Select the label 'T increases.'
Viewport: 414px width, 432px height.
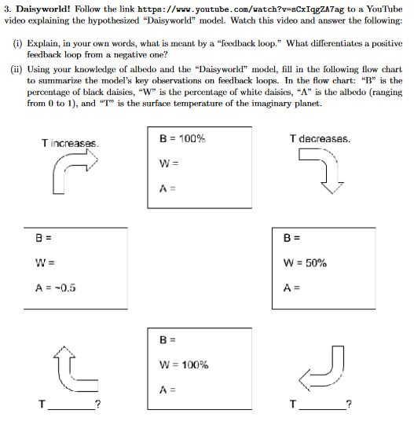point(70,143)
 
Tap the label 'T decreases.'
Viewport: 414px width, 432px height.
point(320,139)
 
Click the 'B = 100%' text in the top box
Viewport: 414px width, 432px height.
point(182,139)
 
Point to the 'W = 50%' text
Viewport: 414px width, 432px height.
point(306,263)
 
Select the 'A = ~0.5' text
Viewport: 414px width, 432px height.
point(55,287)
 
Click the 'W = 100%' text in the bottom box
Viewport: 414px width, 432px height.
point(183,364)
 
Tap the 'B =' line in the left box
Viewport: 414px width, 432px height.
point(43,237)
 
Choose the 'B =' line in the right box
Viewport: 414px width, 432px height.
point(291,237)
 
